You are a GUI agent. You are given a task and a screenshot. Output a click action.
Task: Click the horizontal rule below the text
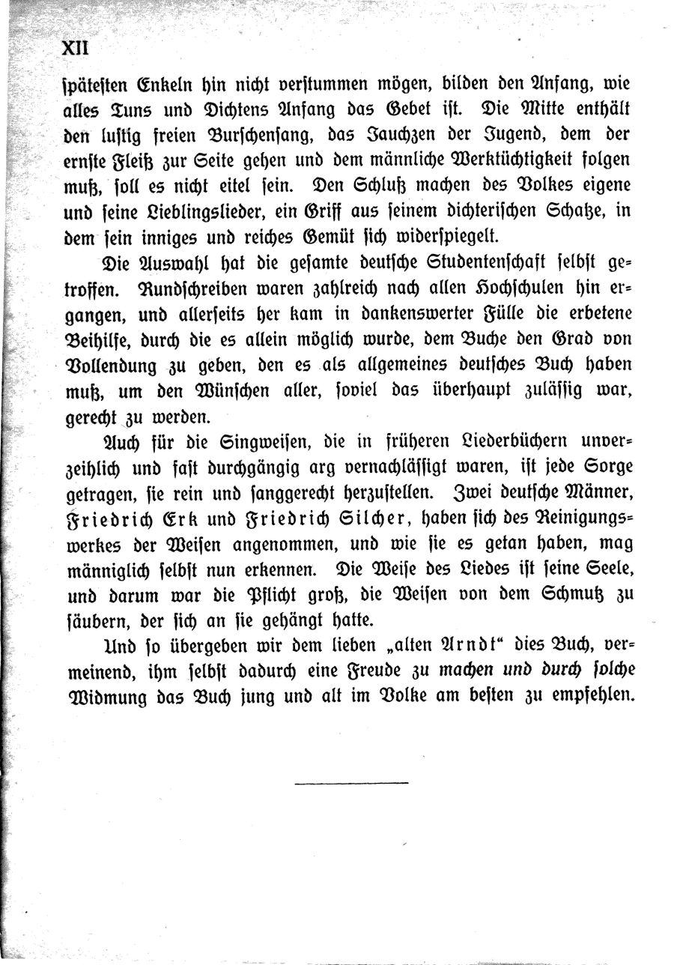[x=351, y=784]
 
